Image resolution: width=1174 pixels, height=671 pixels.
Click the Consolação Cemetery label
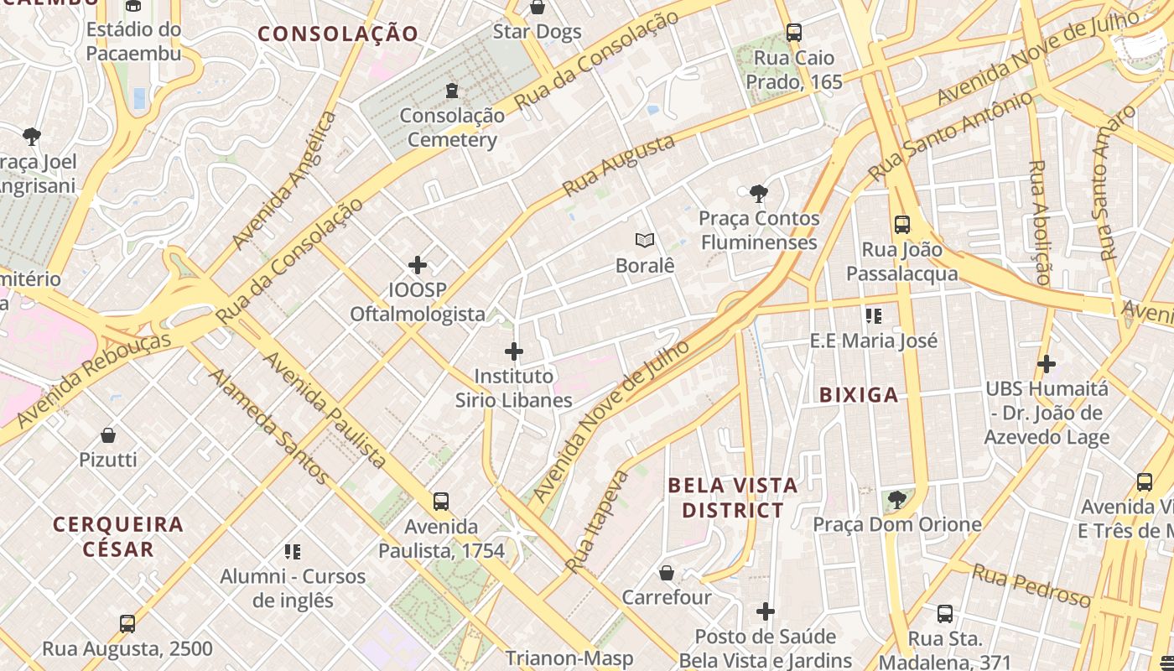(452, 127)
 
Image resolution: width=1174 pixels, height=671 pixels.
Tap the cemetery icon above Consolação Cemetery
(452, 90)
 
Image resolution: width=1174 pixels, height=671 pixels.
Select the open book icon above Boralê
(644, 241)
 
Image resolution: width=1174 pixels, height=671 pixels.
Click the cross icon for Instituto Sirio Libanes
(514, 351)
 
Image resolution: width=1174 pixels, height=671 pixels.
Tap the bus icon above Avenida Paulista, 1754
(441, 502)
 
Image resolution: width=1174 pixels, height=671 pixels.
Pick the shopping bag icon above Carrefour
(666, 573)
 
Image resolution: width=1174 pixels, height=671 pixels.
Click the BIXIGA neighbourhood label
(858, 395)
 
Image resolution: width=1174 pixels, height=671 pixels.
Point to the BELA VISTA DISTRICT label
(733, 497)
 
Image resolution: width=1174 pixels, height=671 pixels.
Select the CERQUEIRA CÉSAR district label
(118, 537)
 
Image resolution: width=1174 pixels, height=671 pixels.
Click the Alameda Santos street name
(268, 427)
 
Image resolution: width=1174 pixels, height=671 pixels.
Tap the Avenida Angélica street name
(285, 180)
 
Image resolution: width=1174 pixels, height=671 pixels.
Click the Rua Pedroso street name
(1031, 585)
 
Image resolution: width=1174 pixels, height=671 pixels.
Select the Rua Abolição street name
(1039, 222)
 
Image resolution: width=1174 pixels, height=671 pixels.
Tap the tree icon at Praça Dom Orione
(896, 501)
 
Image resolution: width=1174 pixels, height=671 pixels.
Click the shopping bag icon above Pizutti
(108, 435)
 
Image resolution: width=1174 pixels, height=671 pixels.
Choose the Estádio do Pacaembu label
(133, 42)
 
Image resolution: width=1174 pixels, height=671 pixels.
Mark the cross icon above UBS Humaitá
(1046, 364)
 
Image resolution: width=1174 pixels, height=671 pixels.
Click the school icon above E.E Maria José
(874, 316)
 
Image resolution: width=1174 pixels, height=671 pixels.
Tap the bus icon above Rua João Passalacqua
(902, 225)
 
